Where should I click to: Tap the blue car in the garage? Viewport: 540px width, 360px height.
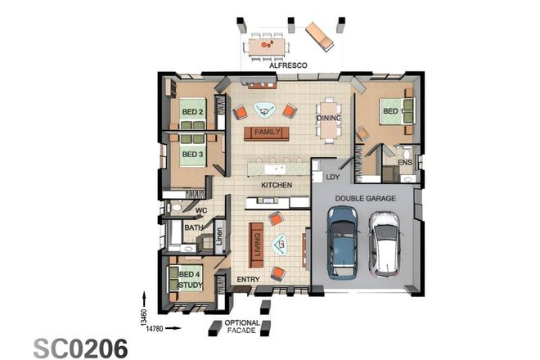pyautogui.click(x=342, y=242)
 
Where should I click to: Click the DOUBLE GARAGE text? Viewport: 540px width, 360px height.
pyautogui.click(x=363, y=198)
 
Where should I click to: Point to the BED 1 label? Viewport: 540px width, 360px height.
pyautogui.click(x=391, y=111)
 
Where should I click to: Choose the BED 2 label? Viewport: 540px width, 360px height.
pyautogui.click(x=192, y=111)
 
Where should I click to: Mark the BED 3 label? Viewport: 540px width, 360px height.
pyautogui.click(x=192, y=153)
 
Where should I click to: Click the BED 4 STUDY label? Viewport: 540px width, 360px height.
pyautogui.click(x=191, y=279)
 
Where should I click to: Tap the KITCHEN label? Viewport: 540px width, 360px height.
pyautogui.click(x=277, y=186)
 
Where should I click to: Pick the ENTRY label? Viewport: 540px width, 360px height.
pyautogui.click(x=248, y=280)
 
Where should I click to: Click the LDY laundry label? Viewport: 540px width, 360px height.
pyautogui.click(x=333, y=176)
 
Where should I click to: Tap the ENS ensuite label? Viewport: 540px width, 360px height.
pyautogui.click(x=404, y=162)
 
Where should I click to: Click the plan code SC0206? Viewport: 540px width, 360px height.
pyautogui.click(x=80, y=346)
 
